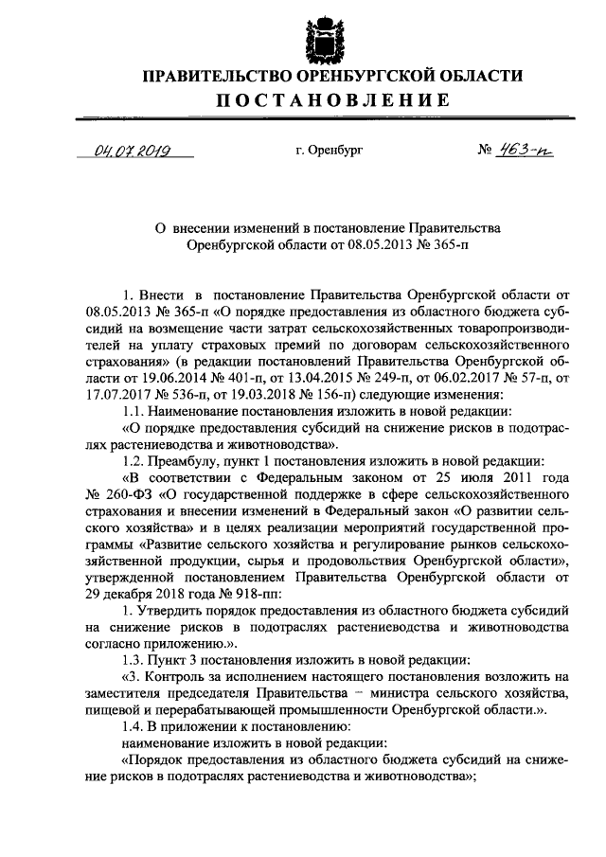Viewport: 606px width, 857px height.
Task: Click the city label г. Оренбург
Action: point(329,151)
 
